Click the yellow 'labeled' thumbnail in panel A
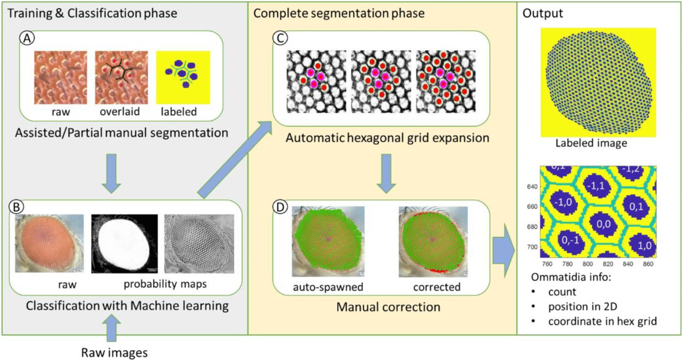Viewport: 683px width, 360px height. pos(183,77)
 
